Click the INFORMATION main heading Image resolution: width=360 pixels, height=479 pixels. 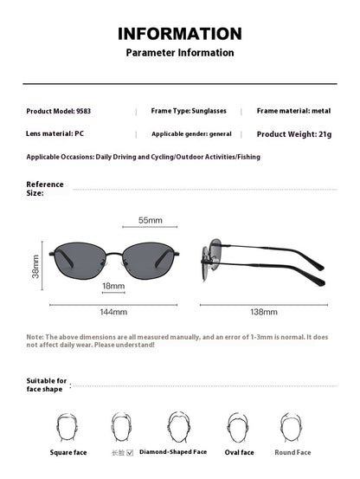point(180,34)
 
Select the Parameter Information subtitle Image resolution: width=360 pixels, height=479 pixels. point(180,53)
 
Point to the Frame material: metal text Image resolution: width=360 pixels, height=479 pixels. point(293,111)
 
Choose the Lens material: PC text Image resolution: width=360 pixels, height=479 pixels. point(55,133)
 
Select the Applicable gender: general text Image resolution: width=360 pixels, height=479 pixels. point(191,133)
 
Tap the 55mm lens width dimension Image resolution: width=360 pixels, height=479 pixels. point(151,221)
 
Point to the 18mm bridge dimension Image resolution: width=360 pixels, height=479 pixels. point(113,285)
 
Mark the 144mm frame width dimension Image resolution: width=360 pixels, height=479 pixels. point(113,311)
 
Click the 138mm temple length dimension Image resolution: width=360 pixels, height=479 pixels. point(263,311)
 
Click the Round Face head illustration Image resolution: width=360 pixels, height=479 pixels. point(292,427)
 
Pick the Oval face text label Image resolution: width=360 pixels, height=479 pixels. point(240,452)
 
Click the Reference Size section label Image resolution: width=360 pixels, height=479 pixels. point(45,189)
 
